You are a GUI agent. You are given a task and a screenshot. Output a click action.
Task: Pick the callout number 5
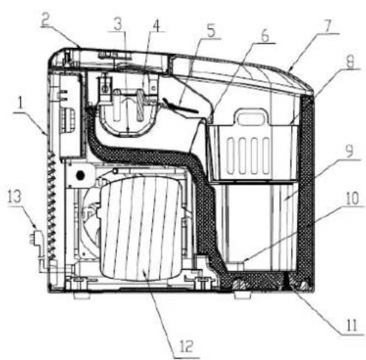tap(211, 31)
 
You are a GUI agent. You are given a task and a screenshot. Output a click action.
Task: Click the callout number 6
tap(265, 36)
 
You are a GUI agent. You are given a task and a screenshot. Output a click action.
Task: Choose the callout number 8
tap(350, 61)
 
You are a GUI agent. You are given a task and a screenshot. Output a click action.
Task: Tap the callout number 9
tap(349, 152)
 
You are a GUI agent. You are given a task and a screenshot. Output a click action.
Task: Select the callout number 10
tap(352, 198)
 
